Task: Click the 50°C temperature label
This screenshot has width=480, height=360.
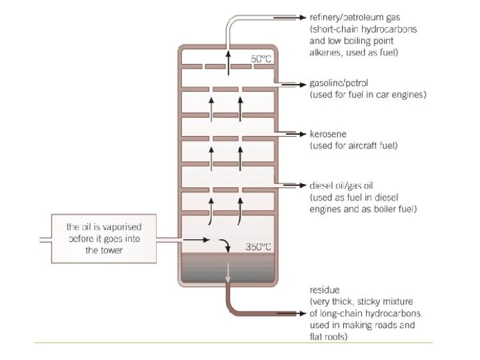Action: click(x=261, y=59)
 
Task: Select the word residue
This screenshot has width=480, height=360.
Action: click(x=325, y=291)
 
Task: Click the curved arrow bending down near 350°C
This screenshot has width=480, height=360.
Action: click(x=228, y=245)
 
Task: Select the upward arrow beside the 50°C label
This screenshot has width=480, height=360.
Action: click(x=228, y=57)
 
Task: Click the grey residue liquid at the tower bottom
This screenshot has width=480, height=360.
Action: click(x=207, y=270)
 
